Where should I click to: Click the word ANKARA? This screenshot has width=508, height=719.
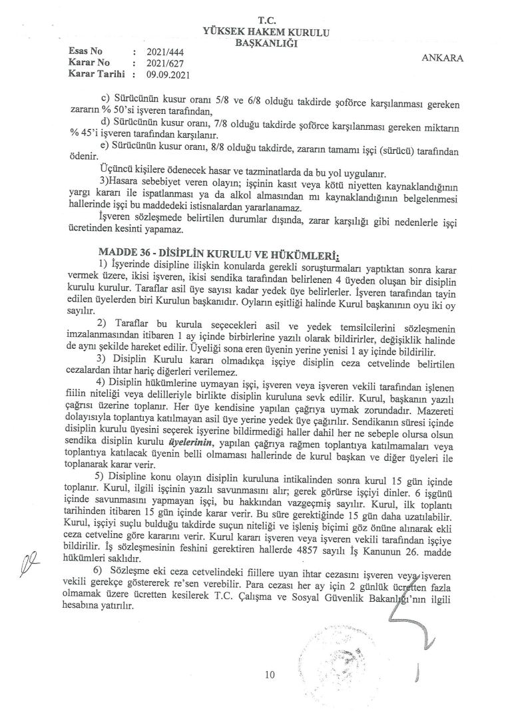(x=443, y=58)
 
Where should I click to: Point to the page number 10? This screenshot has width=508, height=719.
(x=269, y=674)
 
